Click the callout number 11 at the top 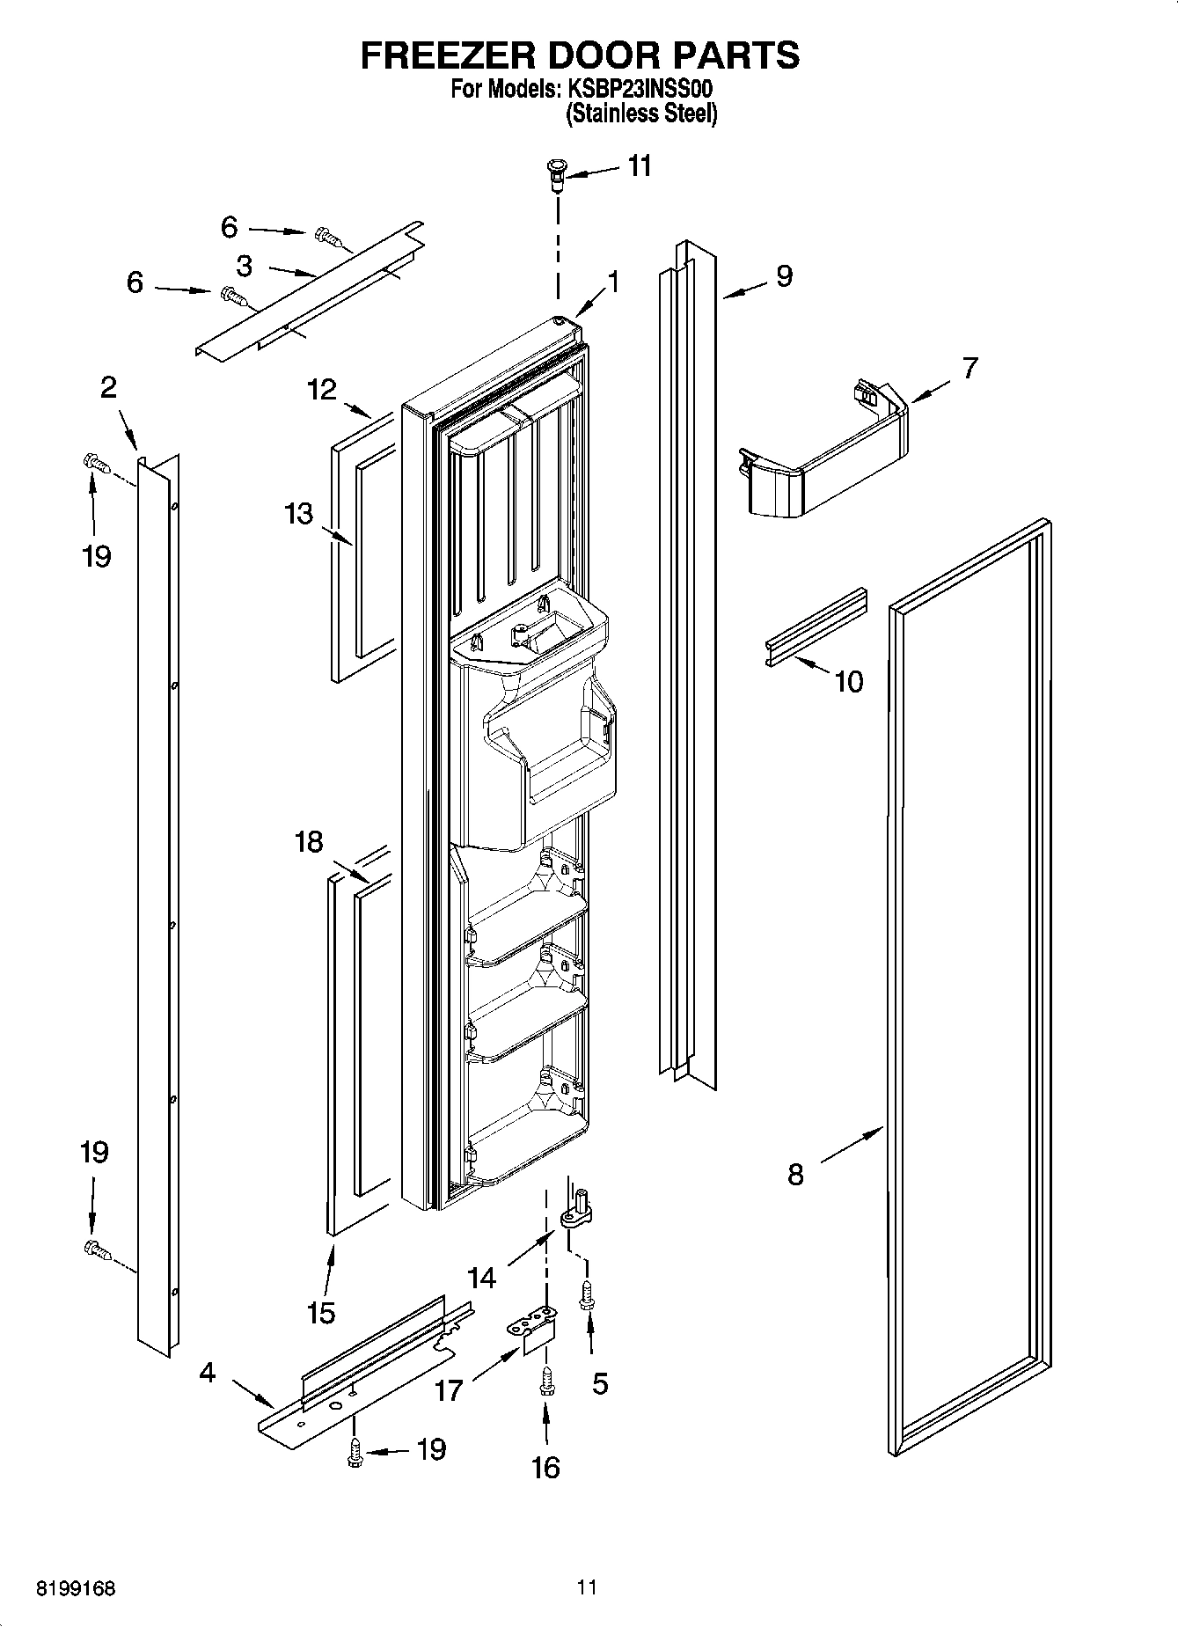point(640,165)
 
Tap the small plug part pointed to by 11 point(556,172)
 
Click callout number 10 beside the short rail point(848,681)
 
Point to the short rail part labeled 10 point(815,627)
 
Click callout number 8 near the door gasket point(795,1174)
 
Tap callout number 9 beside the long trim point(783,276)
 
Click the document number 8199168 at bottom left point(76,1588)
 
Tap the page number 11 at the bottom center point(587,1587)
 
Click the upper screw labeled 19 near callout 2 point(94,461)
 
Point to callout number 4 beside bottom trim point(207,1373)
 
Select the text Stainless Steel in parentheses point(641,114)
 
